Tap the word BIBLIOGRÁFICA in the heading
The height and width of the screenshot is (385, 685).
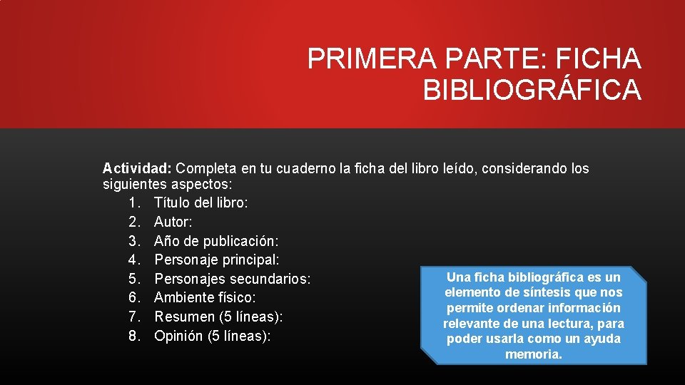coord(532,91)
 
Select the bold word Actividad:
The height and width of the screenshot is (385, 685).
coord(136,169)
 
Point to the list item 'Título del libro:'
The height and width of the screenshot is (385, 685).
coord(201,203)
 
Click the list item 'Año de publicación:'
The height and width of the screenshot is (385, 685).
coord(216,241)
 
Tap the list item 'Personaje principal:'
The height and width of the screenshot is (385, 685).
coord(216,260)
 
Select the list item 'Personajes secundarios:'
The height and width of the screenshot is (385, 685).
coord(233,279)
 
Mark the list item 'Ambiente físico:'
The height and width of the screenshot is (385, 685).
coord(205,297)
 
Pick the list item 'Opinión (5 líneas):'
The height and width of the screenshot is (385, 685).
coord(213,335)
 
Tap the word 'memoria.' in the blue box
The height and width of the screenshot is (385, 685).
coord(534,354)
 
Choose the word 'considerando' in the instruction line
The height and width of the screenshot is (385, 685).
coord(527,169)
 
